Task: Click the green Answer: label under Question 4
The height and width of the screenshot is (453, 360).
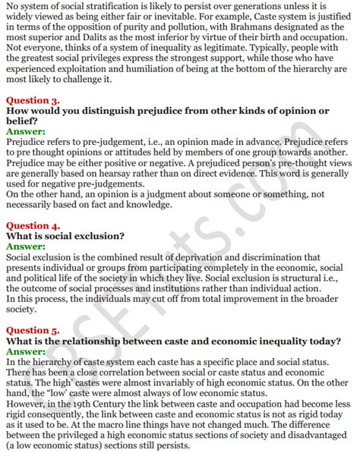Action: click(26, 246)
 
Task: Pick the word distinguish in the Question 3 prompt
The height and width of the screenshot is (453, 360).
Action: click(103, 111)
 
